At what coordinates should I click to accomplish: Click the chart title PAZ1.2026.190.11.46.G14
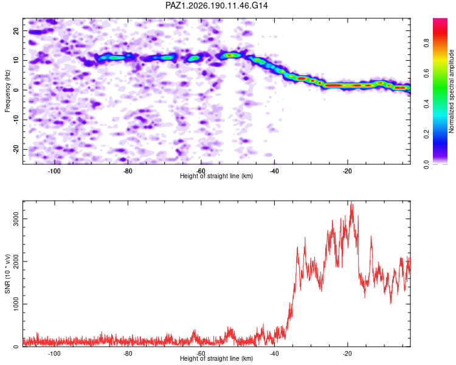point(216,5)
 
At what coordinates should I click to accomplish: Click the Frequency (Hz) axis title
point(7,91)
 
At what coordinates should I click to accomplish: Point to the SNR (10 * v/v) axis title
point(7,274)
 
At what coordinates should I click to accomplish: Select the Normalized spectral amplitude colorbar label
point(451,91)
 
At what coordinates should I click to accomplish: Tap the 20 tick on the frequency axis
point(16,30)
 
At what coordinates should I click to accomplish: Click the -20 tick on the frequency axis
point(16,149)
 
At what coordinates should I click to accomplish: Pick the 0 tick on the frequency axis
point(16,90)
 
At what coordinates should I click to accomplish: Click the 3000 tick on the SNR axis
point(16,218)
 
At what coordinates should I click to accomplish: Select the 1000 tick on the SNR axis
point(16,304)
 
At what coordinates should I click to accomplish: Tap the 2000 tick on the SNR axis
point(16,262)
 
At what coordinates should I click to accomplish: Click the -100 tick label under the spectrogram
point(54,171)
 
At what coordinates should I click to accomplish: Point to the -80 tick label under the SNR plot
point(128,353)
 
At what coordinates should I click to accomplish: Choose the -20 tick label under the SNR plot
point(348,353)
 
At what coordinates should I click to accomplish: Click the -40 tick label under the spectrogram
point(274,171)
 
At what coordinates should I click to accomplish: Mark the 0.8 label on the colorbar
point(426,43)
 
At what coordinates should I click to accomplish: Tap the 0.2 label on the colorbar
point(426,134)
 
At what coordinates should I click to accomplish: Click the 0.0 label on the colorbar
point(426,164)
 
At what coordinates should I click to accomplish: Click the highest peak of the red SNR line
point(351,201)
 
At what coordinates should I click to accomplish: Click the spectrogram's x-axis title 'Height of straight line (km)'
point(216,176)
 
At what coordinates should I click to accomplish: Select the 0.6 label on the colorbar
point(426,74)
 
